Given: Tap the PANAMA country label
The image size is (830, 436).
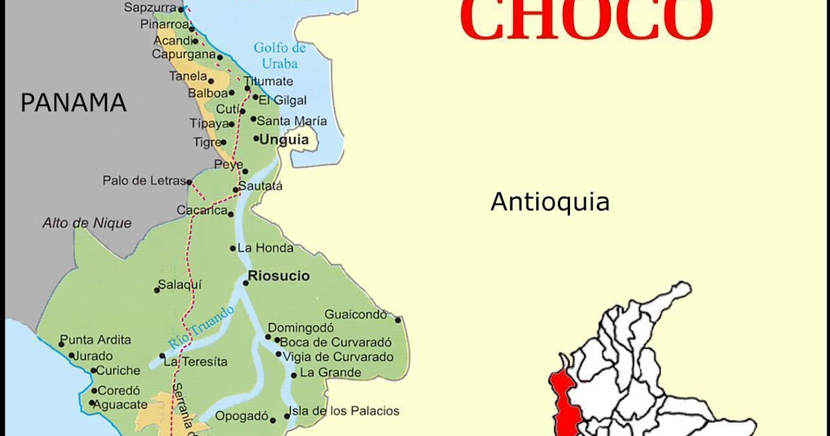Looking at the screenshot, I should point(73,102).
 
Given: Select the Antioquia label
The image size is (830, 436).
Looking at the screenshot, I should point(550,202).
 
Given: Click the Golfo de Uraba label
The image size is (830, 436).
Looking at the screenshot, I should point(279,55).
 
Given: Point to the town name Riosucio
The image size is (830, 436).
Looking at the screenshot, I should point(279,276).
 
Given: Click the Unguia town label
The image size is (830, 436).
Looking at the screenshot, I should point(284,139).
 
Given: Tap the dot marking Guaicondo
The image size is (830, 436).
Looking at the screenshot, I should point(398,320).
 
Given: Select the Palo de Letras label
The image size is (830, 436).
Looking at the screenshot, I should point(144,181).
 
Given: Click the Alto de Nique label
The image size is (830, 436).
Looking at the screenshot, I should point(87,223).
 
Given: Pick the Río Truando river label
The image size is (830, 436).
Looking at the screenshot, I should point(201,327).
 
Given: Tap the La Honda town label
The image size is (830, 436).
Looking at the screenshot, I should point(265,248).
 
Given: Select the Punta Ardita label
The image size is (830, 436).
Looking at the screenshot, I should point(95,340).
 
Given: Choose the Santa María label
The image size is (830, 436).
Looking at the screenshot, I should point(292,121).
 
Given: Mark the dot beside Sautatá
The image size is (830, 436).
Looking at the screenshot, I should point(236,189).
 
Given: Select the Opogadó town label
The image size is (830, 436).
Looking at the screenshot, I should point(241,416).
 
